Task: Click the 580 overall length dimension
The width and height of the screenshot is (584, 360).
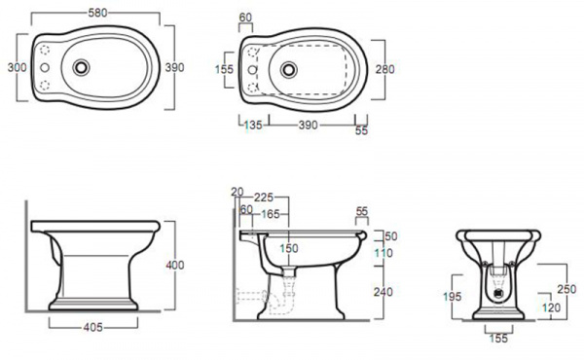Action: point(97,13)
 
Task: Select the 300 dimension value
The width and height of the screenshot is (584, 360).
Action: point(18,67)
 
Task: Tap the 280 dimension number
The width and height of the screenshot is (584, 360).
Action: point(384,69)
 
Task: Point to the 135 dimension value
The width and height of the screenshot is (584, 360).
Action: point(253,125)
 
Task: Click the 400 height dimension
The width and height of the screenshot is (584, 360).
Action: point(174,265)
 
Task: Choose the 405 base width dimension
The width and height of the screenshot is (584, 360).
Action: point(92,327)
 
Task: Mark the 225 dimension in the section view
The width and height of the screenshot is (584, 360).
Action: point(264,197)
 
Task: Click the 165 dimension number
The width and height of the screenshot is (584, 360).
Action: point(270,214)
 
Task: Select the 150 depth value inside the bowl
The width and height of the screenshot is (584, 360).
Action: point(289,248)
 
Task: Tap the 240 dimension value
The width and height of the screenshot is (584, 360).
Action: point(383,292)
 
